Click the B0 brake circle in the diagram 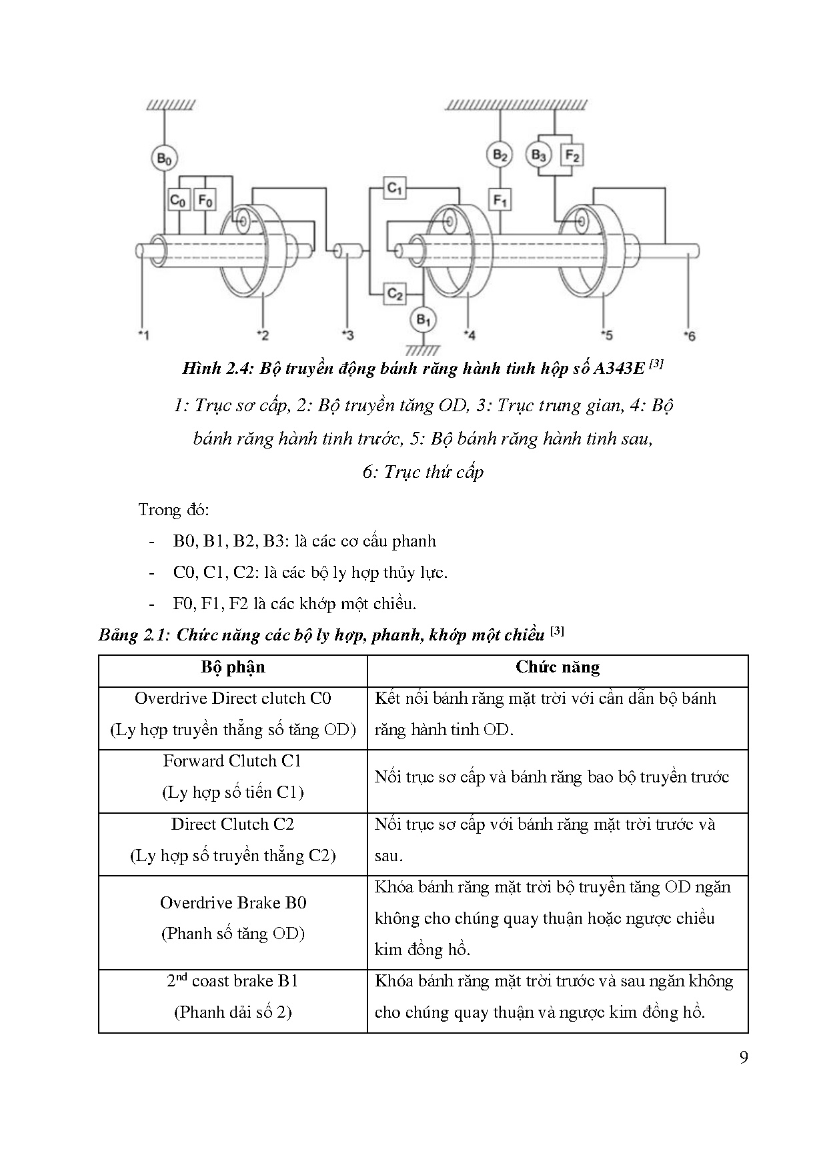pyautogui.click(x=163, y=159)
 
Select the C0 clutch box pyautogui.click(x=178, y=199)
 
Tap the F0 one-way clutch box pyautogui.click(x=205, y=199)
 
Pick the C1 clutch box pyautogui.click(x=395, y=189)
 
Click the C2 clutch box pyautogui.click(x=395, y=293)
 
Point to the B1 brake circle pyautogui.click(x=423, y=320)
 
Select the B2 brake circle pyautogui.click(x=500, y=156)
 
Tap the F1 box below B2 pyautogui.click(x=500, y=199)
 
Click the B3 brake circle pyautogui.click(x=538, y=156)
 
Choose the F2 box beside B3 pyautogui.click(x=572, y=156)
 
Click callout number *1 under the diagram pyautogui.click(x=143, y=335)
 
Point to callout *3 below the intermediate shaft pyautogui.click(x=347, y=335)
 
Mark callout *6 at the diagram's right pyautogui.click(x=689, y=335)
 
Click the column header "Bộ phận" pyautogui.click(x=233, y=668)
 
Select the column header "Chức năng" pyautogui.click(x=558, y=668)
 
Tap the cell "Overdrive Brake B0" pyautogui.click(x=233, y=903)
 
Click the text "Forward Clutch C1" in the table pyautogui.click(x=233, y=761)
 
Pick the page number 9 pyautogui.click(x=744, y=1058)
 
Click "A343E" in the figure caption pyautogui.click(x=618, y=369)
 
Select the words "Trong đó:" pyautogui.click(x=173, y=510)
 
